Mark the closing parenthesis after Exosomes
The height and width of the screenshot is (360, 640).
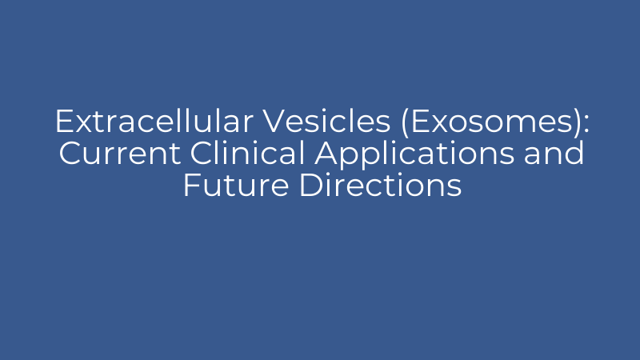pos(569,122)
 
